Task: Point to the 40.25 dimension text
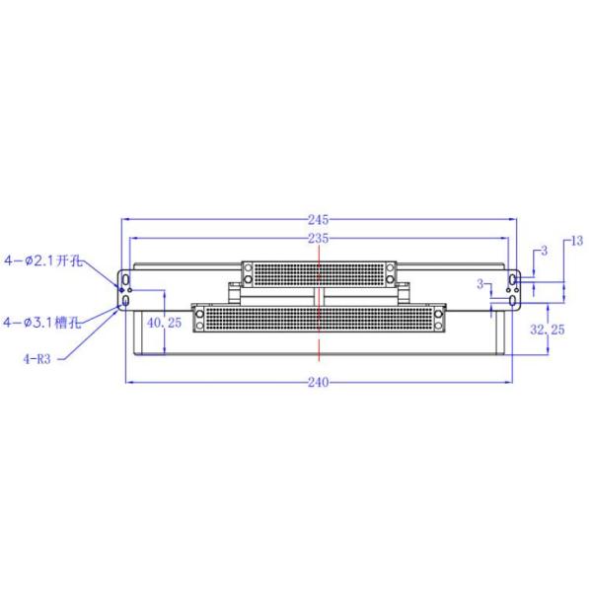(x=164, y=323)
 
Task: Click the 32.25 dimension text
(x=547, y=330)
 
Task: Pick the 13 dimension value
(x=577, y=240)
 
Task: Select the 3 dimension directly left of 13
(x=544, y=253)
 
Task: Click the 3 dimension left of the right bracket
(x=481, y=284)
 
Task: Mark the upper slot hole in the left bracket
(x=125, y=281)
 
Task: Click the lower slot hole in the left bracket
(x=125, y=300)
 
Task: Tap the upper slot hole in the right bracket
(x=513, y=281)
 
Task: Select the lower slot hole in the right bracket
(x=513, y=300)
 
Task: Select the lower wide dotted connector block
(x=320, y=318)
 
